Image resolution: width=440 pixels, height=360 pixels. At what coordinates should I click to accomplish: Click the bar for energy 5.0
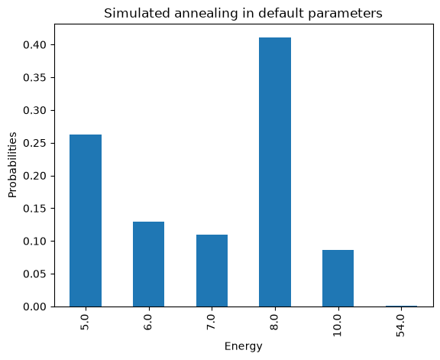tap(86, 220)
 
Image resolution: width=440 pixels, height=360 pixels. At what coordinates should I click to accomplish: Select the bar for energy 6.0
tap(148, 264)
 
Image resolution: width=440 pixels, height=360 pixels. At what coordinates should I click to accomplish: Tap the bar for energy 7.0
tap(212, 271)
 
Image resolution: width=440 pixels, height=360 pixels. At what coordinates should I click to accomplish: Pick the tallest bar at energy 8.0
tap(275, 172)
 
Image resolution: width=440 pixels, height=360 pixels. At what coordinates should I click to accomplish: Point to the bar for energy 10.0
tap(338, 278)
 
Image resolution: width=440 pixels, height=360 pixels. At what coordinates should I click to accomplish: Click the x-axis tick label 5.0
tap(86, 322)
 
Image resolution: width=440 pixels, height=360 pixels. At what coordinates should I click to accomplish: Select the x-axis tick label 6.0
tap(148, 322)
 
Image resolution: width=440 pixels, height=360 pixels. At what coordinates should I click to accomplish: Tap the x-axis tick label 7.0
tap(212, 322)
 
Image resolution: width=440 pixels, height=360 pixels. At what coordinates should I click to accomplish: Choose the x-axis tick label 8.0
tap(275, 322)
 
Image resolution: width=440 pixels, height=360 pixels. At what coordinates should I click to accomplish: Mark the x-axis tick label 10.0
tap(338, 325)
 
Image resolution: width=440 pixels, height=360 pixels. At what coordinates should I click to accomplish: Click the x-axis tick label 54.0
tap(401, 325)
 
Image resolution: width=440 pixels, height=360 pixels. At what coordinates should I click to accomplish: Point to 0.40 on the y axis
tap(34, 45)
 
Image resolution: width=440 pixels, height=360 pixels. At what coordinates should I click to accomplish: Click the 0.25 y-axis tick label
tap(34, 143)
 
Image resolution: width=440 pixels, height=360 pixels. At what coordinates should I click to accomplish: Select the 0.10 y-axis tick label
tap(34, 242)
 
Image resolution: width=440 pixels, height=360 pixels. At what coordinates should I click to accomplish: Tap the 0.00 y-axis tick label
tap(34, 306)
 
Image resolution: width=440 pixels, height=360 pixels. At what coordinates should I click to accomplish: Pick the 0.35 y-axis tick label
tap(34, 77)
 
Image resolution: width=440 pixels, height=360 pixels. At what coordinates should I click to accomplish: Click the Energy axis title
tap(243, 346)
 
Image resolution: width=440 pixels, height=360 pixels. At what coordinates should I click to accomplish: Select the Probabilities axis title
tap(12, 165)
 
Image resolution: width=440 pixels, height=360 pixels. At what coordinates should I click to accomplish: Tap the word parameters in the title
tap(345, 14)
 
